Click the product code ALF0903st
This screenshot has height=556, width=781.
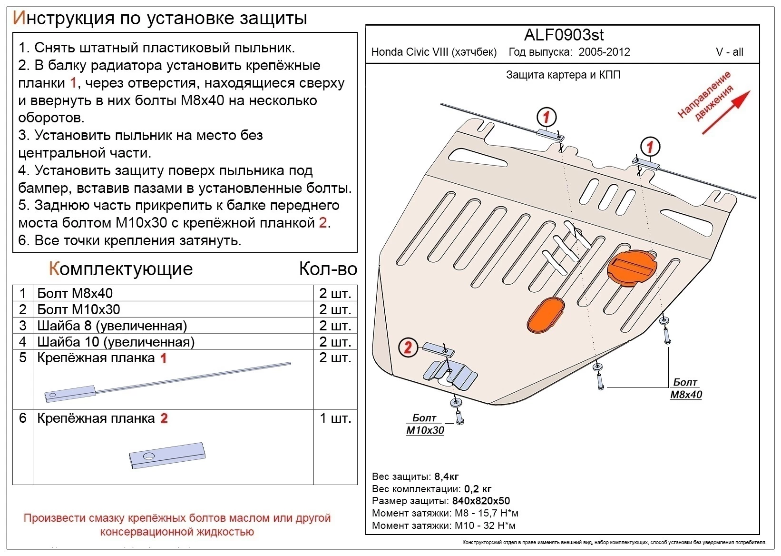coord(564,35)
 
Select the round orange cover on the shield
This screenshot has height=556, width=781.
coord(632,268)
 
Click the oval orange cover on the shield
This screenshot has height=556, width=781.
coord(545,315)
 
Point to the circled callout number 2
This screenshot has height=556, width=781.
coord(408,347)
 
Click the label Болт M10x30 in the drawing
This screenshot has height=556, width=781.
coord(425,424)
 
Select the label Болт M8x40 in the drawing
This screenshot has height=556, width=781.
coord(685,388)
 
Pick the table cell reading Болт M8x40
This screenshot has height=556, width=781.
coord(75,293)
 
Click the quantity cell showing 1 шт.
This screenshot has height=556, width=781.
coord(335,418)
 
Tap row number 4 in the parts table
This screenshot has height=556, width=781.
coord(22,342)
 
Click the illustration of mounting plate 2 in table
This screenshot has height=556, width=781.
coord(167,455)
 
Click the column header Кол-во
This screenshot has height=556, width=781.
coord(328,269)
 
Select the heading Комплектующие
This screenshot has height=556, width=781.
coord(121,269)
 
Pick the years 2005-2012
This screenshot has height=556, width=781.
coord(604,52)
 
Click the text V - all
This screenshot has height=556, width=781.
coord(729,52)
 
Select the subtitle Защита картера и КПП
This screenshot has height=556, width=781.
coord(563,75)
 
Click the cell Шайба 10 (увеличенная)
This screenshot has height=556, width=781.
coord(116,342)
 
